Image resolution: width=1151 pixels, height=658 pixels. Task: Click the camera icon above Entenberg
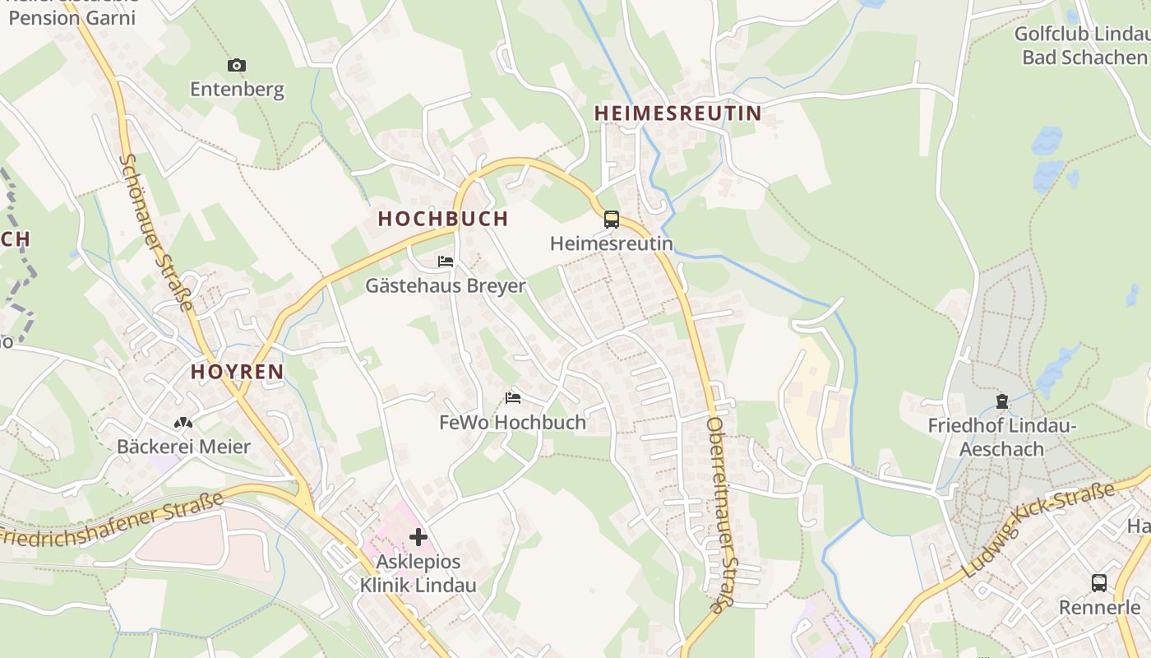point(237,65)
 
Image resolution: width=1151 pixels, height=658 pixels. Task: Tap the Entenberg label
point(237,89)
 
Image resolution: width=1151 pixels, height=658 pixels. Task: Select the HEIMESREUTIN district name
point(678,113)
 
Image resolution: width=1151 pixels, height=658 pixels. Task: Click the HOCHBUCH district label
point(443,218)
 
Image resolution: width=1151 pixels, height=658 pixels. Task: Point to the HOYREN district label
point(238,371)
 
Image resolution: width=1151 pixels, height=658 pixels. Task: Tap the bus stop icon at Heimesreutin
point(612,220)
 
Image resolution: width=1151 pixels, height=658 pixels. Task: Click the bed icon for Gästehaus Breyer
point(446,262)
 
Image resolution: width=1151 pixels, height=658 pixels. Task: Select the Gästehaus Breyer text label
point(446,285)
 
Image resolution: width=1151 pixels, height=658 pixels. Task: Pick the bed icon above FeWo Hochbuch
point(513,398)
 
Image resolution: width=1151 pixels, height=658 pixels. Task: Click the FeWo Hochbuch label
point(513,422)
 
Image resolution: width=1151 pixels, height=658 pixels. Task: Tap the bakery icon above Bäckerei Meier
point(183,423)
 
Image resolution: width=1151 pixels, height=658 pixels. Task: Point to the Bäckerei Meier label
point(183,447)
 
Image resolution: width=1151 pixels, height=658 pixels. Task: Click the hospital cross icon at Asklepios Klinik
point(418,537)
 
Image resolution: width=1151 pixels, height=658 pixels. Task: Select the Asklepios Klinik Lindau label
point(418,574)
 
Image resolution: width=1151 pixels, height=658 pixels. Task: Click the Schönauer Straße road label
point(155,232)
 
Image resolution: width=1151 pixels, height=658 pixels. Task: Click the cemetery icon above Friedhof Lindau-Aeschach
point(1002,401)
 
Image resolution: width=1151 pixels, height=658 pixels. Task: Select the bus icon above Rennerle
point(1099,583)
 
